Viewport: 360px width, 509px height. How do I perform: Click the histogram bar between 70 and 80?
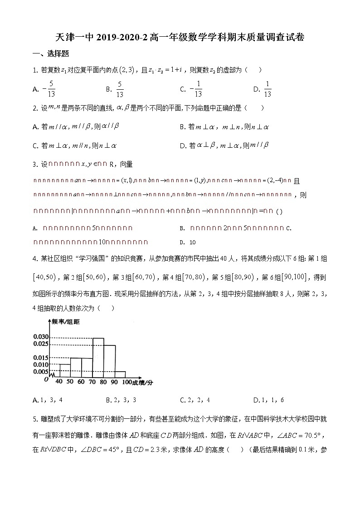(x=98, y=358)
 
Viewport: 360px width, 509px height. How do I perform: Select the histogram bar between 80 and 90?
(x=110, y=361)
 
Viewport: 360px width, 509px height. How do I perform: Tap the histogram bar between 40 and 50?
(x=64, y=371)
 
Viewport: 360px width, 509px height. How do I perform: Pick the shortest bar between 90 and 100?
(x=120, y=374)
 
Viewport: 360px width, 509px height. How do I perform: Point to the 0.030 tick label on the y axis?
(x=40, y=337)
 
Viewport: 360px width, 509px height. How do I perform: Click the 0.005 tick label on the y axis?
(x=40, y=372)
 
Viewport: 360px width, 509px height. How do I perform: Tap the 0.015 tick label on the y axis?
(x=40, y=358)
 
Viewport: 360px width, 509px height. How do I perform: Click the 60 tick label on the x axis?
(x=81, y=382)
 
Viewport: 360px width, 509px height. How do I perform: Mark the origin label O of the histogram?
(x=46, y=379)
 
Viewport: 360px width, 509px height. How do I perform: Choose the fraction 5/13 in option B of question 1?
(x=120, y=89)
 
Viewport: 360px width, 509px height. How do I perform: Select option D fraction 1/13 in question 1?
(x=267, y=89)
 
